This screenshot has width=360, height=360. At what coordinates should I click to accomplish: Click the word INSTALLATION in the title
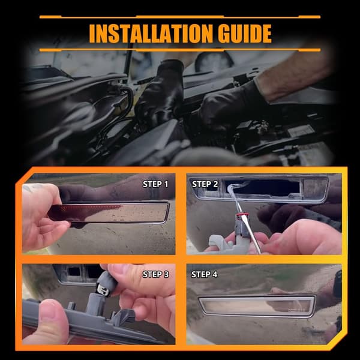point(151,34)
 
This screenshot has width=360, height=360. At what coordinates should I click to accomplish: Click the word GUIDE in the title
point(245,34)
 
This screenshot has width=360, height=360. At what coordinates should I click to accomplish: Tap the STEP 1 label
point(155,184)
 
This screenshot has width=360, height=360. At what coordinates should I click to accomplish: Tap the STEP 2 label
point(205,184)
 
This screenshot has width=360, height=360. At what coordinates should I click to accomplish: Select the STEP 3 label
point(155,274)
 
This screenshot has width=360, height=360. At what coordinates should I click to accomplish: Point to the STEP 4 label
point(205,274)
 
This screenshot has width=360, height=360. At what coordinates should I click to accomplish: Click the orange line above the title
point(180,17)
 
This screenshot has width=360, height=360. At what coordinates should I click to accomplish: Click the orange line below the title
point(180,50)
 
